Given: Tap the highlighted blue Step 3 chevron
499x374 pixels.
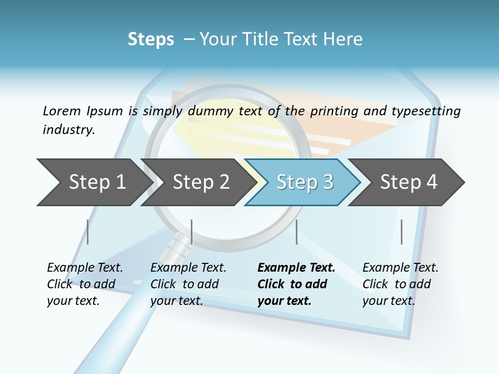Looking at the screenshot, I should tap(304, 182).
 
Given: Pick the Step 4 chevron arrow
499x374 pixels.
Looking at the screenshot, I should tap(408, 182).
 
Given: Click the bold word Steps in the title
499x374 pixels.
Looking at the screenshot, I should tap(151, 39).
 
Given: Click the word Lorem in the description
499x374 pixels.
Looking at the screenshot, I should tap(61, 111).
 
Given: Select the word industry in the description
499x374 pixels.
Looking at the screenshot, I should tap(68, 129).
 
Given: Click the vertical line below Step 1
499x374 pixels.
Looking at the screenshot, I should tap(88, 232).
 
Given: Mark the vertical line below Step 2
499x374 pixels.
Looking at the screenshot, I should tap(192, 232).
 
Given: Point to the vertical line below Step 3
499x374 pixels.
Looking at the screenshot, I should tap(296, 232).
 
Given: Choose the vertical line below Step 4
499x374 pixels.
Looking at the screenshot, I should tap(401, 232).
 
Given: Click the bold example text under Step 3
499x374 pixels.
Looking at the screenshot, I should tap(295, 284).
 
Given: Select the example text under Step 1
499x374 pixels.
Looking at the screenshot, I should tap(84, 284).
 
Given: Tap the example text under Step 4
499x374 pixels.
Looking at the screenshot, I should tap(399, 284).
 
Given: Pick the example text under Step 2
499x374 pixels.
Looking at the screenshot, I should tap(188, 284).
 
